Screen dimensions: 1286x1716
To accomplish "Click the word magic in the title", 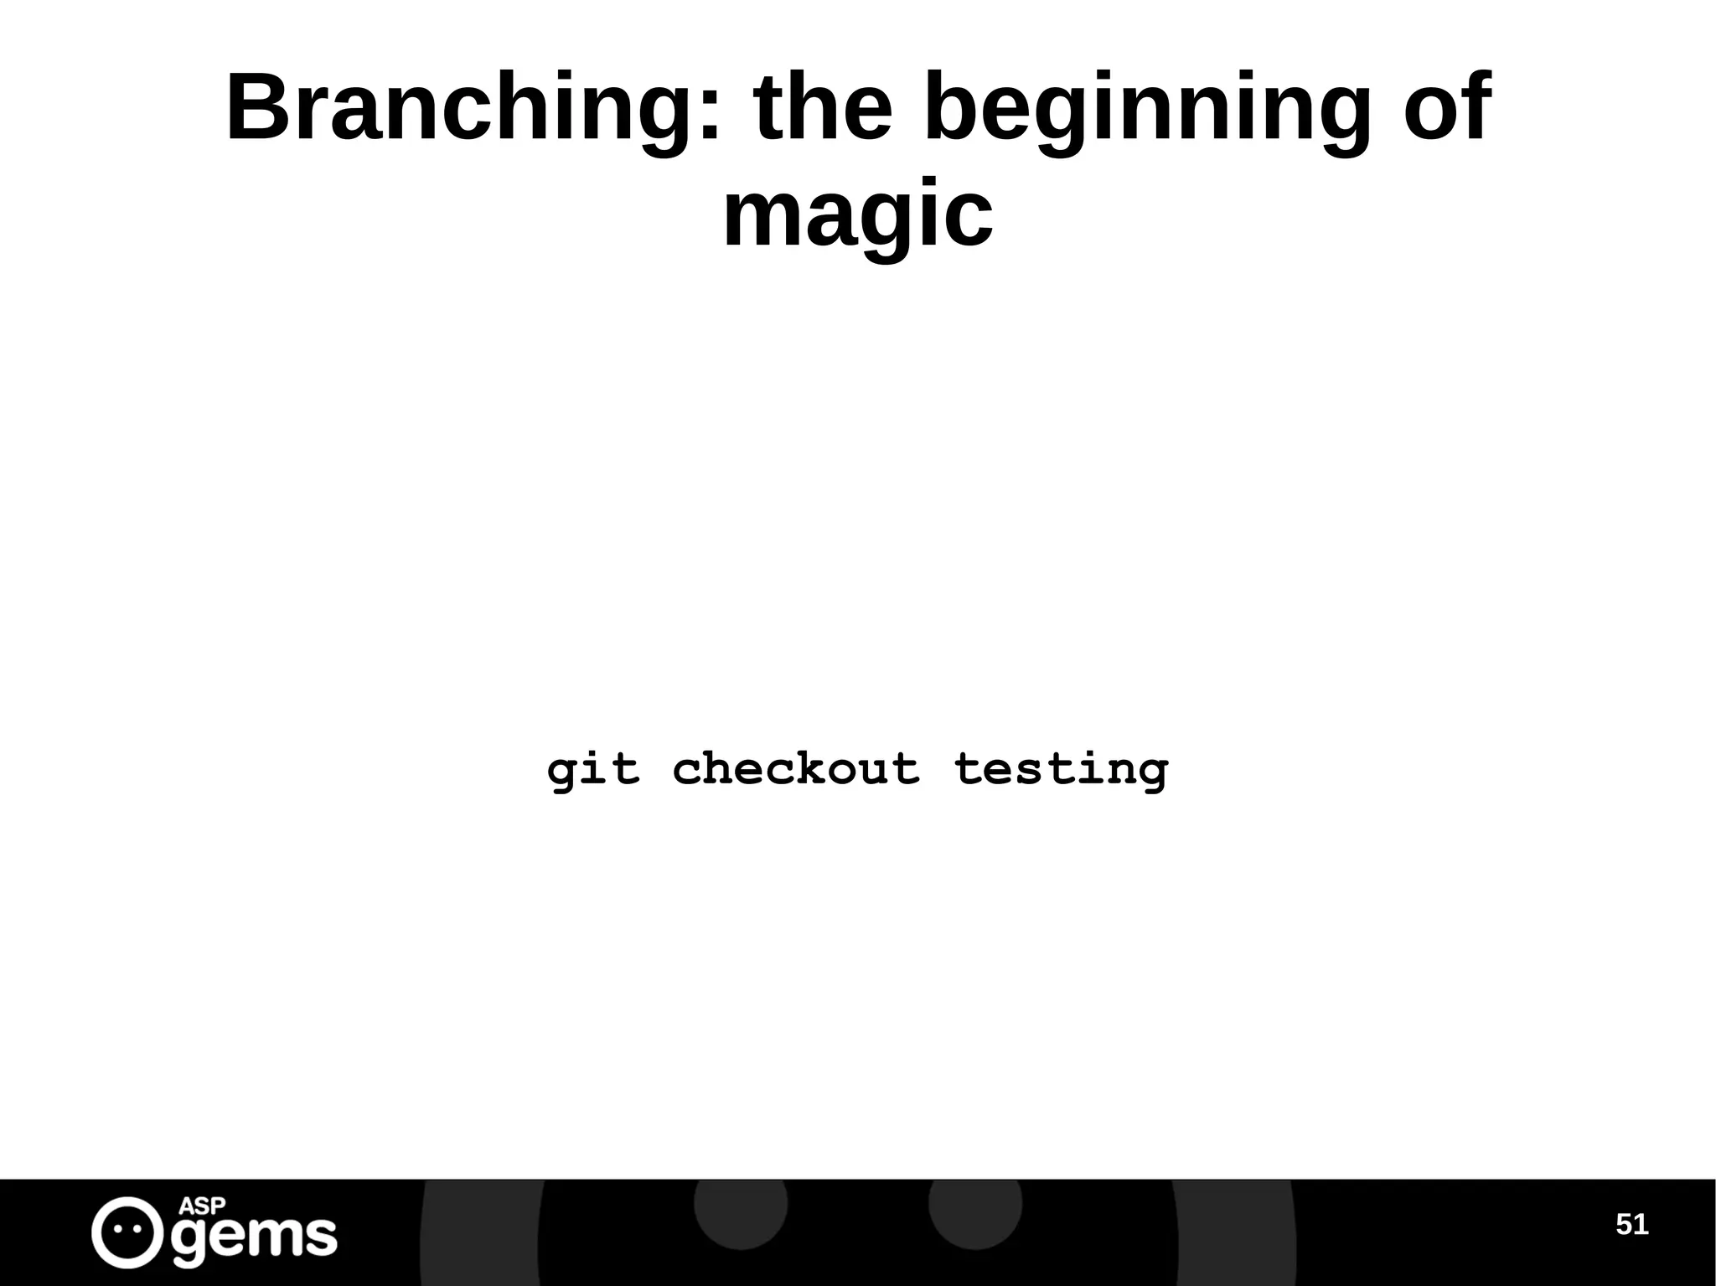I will click(x=857, y=216).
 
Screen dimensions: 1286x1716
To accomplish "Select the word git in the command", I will click(x=593, y=769).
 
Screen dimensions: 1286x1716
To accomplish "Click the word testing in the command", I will click(x=1061, y=769).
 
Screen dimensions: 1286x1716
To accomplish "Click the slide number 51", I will click(x=1631, y=1225).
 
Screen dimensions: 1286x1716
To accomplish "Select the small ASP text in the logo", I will click(x=203, y=1206).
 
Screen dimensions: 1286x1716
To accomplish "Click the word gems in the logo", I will click(x=254, y=1237).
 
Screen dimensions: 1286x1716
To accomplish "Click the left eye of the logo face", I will click(x=118, y=1231).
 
